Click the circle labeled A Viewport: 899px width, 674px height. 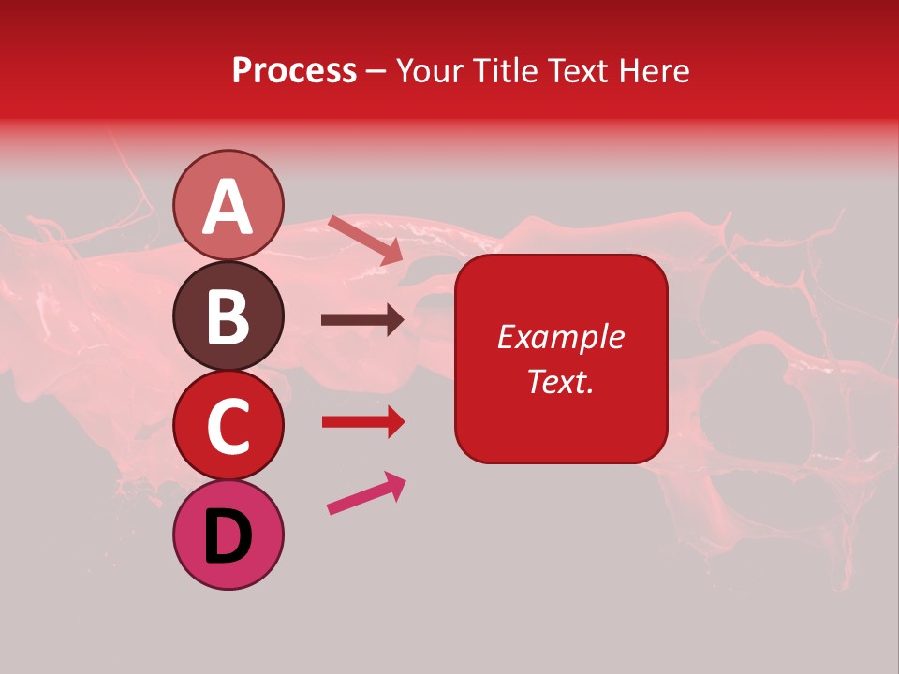click(228, 205)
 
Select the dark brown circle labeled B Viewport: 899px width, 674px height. click(228, 315)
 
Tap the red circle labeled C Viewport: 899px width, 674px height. click(228, 425)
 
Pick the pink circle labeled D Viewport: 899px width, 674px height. click(228, 535)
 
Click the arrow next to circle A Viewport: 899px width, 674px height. click(365, 240)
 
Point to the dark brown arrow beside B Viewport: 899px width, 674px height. click(362, 320)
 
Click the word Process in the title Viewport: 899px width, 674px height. click(294, 71)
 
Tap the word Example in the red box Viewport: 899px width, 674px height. click(560, 337)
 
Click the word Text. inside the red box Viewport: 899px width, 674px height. click(560, 381)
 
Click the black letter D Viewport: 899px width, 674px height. click(228, 536)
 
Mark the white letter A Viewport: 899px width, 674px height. click(228, 207)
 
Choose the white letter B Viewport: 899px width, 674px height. click(228, 316)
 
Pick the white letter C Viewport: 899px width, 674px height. click(228, 427)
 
